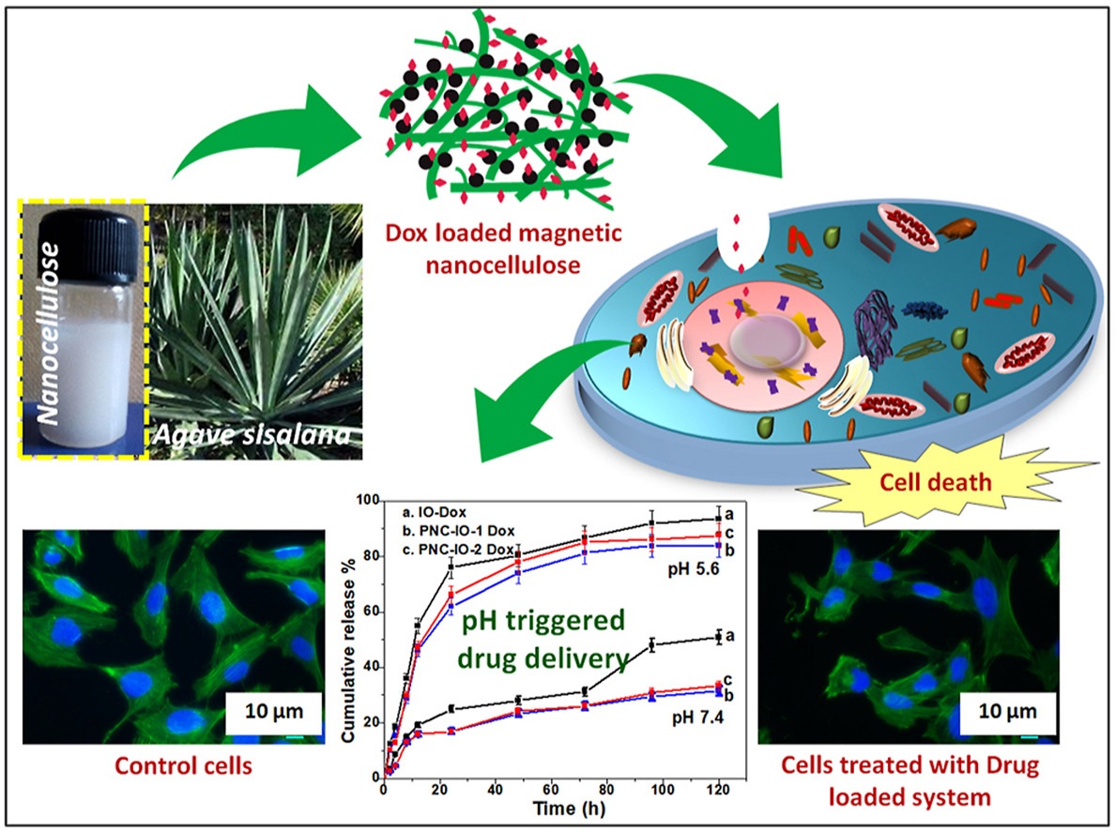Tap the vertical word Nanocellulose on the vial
[x=49, y=333]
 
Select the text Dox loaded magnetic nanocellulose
[x=503, y=249]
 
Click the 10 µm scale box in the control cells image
[x=273, y=711]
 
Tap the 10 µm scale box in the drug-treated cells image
[x=1007, y=711]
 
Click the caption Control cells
[x=183, y=765]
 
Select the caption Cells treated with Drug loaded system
[x=910, y=780]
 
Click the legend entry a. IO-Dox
[x=435, y=512]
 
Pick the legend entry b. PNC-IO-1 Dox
[x=458, y=532]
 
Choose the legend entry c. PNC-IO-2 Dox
[x=458, y=550]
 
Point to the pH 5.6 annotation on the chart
[x=694, y=570]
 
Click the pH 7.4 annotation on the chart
[x=697, y=718]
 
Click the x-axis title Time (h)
[x=570, y=808]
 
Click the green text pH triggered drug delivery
[x=543, y=639]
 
